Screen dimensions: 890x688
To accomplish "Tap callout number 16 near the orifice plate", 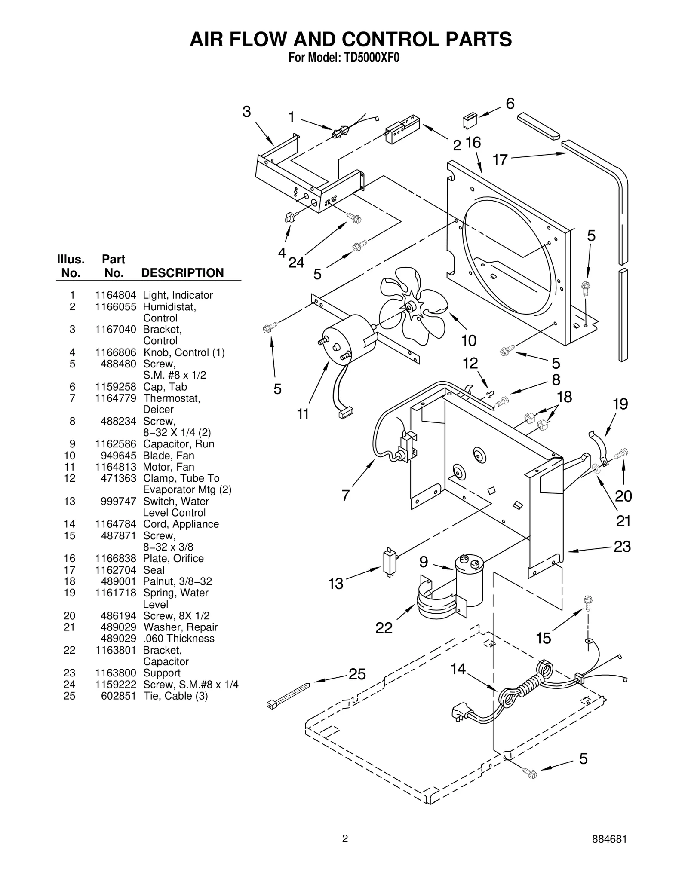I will (473, 143).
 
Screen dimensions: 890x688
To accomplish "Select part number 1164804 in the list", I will (115, 295).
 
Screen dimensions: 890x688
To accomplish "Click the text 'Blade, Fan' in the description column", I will (169, 456).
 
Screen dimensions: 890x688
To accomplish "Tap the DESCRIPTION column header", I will (182, 273).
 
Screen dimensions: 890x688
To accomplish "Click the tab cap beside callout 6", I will (470, 120).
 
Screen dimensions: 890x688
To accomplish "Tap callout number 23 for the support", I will (622, 547).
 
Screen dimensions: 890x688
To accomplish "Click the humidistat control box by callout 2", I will (402, 128).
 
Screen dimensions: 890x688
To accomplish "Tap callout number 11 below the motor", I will (303, 414).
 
